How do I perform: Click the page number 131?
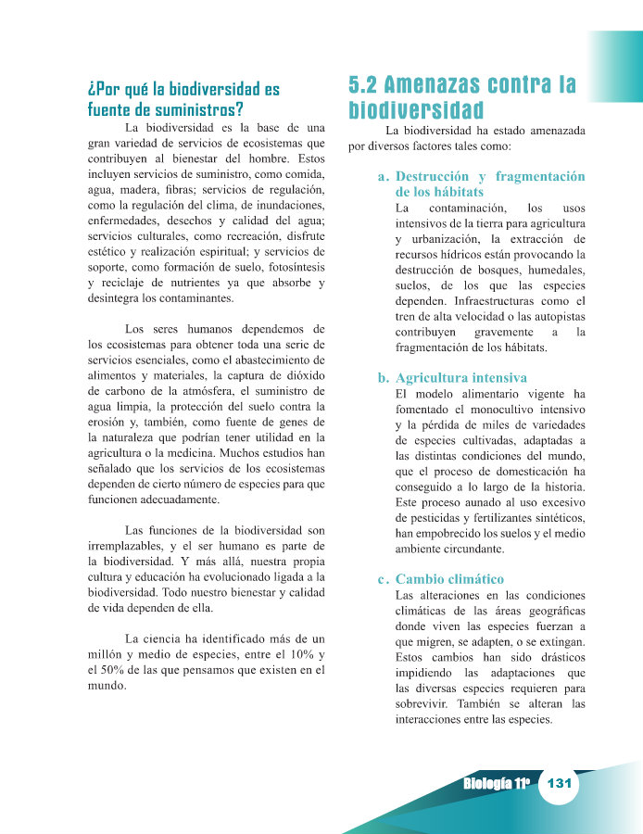558,783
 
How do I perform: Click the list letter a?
382,176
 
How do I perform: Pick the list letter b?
382,378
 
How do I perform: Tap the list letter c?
382,579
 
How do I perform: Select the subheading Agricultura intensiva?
460,378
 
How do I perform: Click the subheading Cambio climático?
449,579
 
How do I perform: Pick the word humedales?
546,270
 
